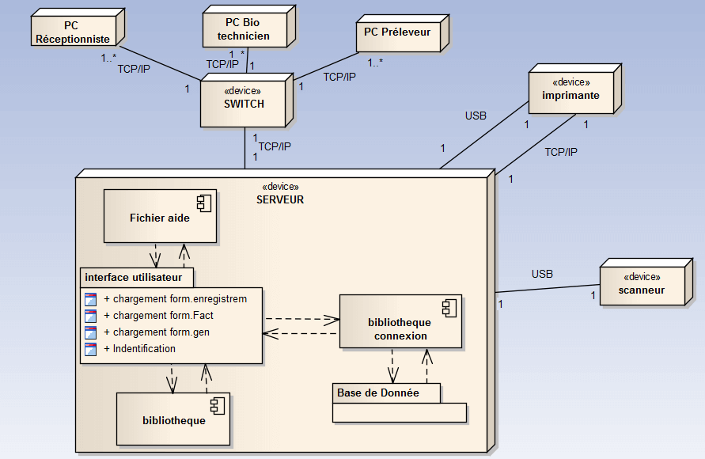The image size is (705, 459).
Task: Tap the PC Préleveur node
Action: pos(397,32)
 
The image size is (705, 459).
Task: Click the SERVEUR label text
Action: pos(279,200)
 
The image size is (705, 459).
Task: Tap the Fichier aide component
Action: pos(159,218)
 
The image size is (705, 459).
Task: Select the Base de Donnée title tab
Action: pos(377,393)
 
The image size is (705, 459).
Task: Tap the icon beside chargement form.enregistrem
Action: pos(90,299)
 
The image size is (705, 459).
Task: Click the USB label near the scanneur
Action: pos(542,274)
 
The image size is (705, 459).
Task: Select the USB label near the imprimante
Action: pos(475,116)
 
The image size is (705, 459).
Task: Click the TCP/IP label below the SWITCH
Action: pos(275,146)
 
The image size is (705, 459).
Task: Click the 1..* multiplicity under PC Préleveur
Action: pos(375,63)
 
